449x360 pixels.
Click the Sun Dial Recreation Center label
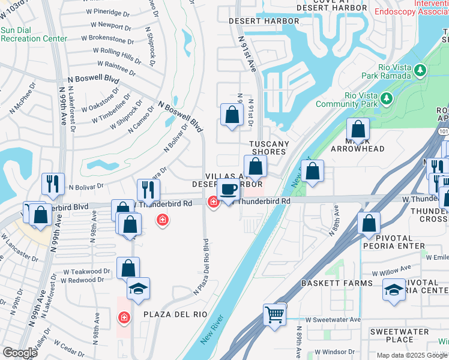[x=34, y=34]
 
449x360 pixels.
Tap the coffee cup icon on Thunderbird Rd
[x=228, y=190]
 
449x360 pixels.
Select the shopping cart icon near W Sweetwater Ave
[x=274, y=314]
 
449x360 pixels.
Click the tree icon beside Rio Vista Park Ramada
[x=420, y=71]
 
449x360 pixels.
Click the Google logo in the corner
[x=19, y=353]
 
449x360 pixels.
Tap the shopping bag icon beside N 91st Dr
[x=232, y=114]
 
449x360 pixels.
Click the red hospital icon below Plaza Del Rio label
[x=124, y=317]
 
